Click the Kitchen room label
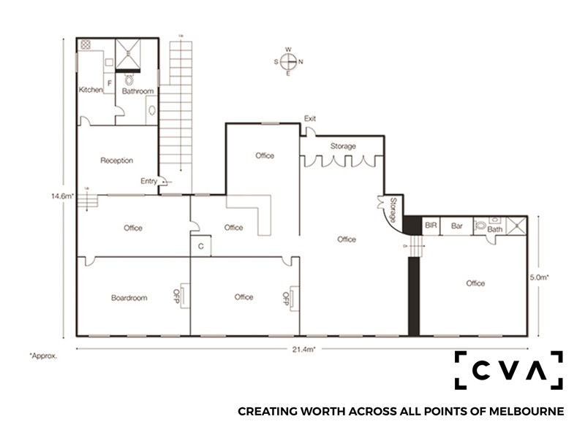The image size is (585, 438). [91, 90]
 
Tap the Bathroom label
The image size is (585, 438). [137, 91]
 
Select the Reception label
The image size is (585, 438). [117, 161]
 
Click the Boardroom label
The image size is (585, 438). [129, 298]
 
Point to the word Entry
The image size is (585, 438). [148, 181]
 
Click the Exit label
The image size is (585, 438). [309, 118]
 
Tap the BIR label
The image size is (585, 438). [431, 226]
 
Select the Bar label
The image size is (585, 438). [456, 226]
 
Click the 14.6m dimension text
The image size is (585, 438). [63, 196]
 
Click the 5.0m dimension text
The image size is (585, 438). [539, 277]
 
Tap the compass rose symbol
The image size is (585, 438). [288, 61]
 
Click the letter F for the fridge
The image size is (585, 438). [109, 83]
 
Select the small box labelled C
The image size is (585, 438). [200, 246]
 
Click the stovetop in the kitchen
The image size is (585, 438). [86, 45]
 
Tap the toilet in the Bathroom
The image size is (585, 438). [129, 79]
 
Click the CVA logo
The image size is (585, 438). [508, 370]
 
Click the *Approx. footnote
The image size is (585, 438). [43, 356]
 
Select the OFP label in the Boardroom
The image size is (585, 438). [177, 296]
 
